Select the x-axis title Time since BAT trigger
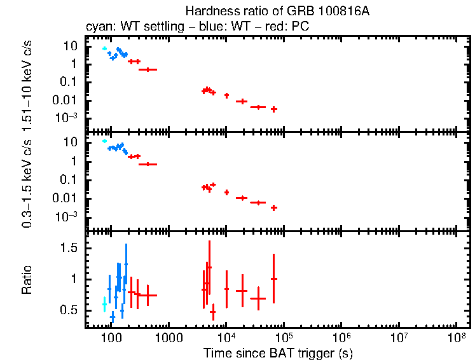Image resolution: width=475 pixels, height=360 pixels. (278, 352)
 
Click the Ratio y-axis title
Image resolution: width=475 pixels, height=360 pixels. (27, 280)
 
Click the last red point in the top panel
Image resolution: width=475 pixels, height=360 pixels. (273, 109)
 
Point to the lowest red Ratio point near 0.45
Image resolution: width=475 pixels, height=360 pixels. (213, 312)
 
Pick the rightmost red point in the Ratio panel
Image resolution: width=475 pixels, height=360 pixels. (273, 279)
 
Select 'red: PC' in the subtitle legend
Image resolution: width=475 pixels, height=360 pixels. (292, 28)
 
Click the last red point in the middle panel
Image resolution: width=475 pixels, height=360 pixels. (273, 207)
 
